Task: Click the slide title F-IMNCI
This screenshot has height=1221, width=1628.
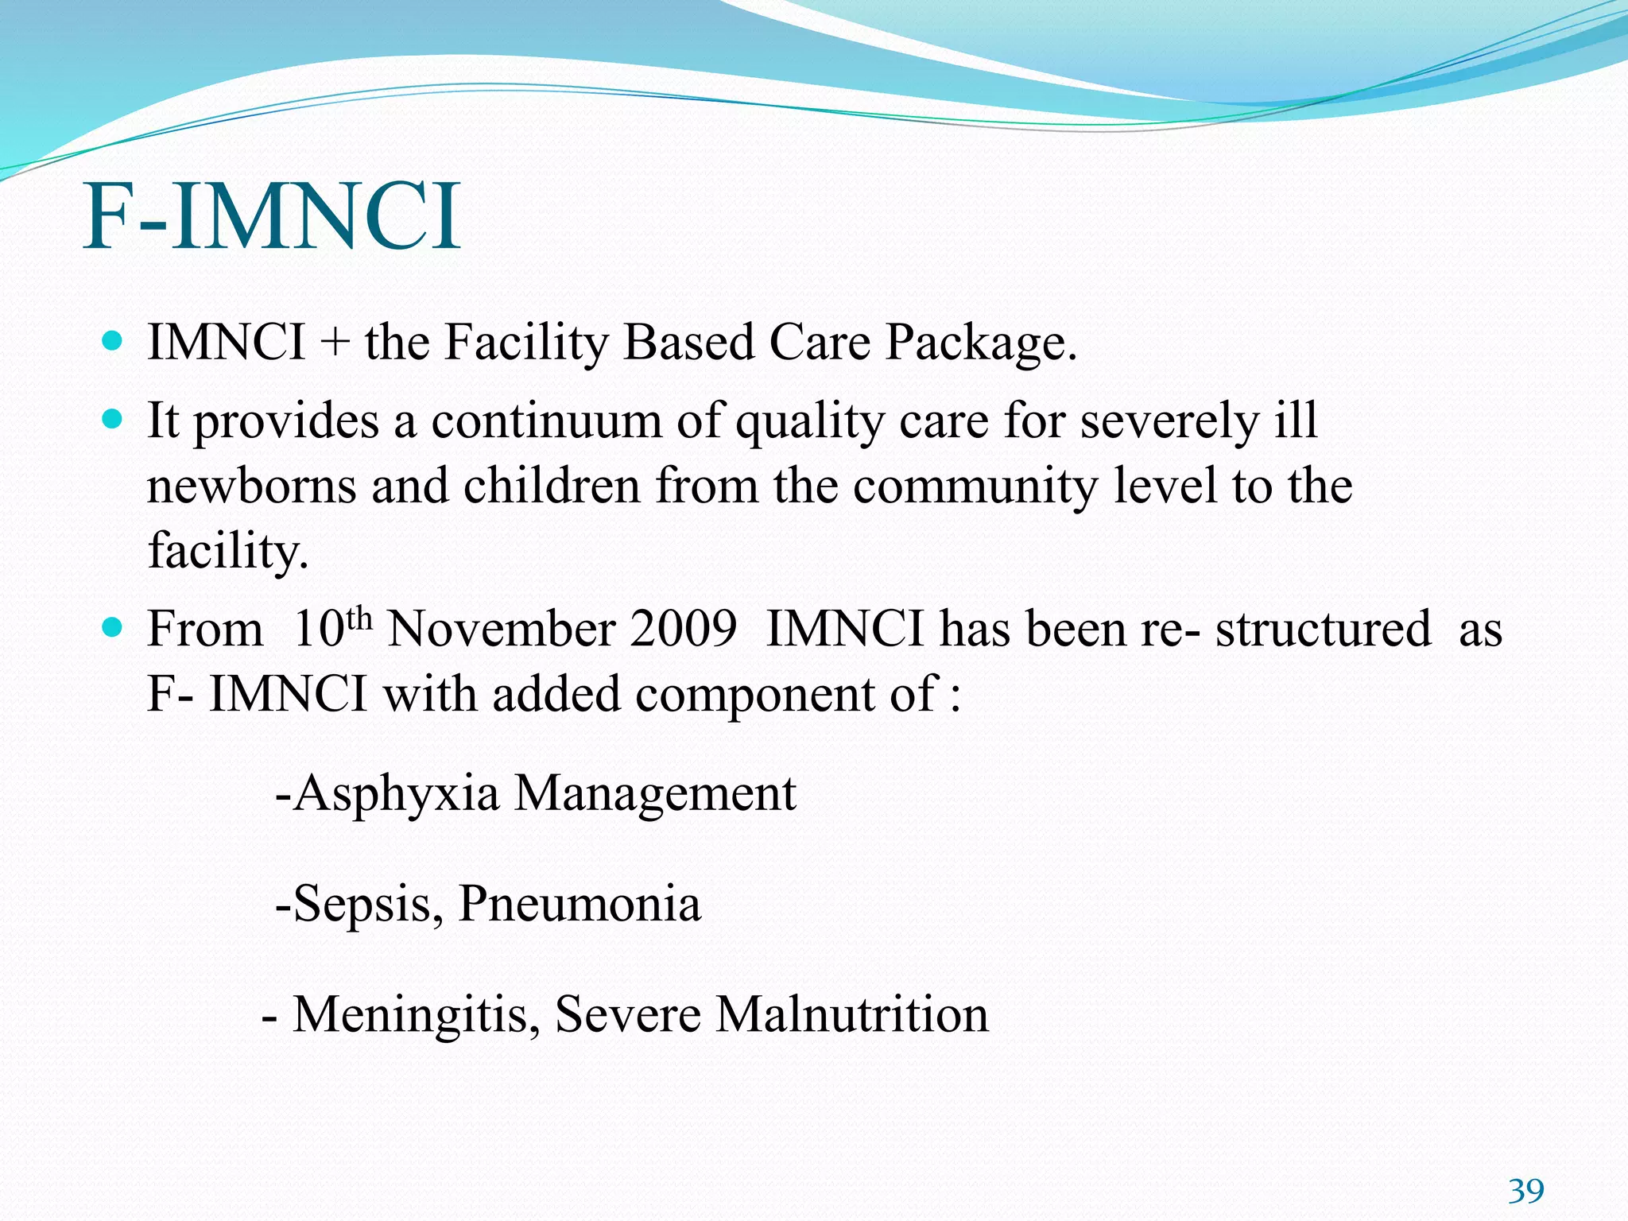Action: [x=272, y=216]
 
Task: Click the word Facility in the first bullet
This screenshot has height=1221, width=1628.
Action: [x=525, y=343]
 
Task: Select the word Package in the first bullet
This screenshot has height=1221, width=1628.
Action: [x=981, y=343]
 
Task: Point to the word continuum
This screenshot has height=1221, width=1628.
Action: [x=546, y=421]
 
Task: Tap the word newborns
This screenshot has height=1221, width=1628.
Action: [x=252, y=486]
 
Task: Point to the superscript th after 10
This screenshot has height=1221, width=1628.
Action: [x=360, y=618]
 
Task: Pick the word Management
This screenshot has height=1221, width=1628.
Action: [x=655, y=793]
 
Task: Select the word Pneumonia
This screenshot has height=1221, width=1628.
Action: [x=580, y=904]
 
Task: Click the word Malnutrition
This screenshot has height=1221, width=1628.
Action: [x=852, y=1014]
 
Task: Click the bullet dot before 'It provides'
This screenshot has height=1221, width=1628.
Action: [x=113, y=419]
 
